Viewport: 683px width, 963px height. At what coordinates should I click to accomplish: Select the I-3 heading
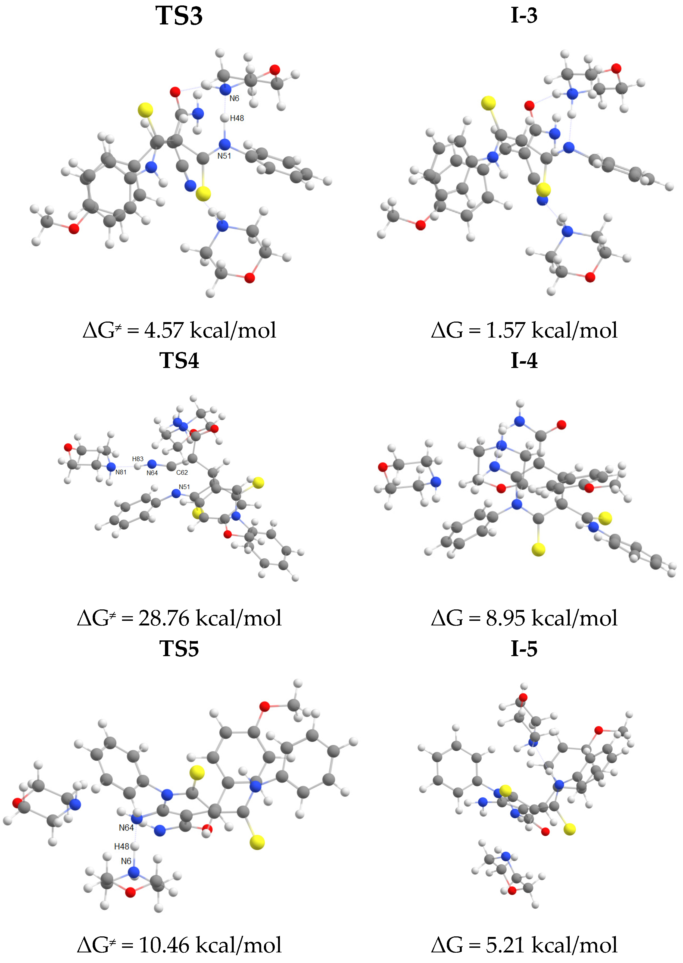[x=524, y=15]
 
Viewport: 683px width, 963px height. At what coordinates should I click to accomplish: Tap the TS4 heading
[x=179, y=360]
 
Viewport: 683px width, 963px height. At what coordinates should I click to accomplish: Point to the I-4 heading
[x=524, y=360]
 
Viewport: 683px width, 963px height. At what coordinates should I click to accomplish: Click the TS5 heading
[x=179, y=649]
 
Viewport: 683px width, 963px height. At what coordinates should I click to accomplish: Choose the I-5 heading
[x=524, y=649]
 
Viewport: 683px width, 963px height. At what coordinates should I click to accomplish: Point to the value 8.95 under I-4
[x=506, y=618]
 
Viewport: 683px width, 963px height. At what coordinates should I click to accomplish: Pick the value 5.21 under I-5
[x=506, y=945]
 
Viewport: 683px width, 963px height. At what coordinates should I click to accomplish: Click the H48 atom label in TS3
[x=237, y=118]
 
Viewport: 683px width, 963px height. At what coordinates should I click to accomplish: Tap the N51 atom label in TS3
[x=224, y=156]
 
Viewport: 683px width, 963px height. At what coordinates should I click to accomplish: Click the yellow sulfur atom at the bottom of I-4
[x=538, y=549]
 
